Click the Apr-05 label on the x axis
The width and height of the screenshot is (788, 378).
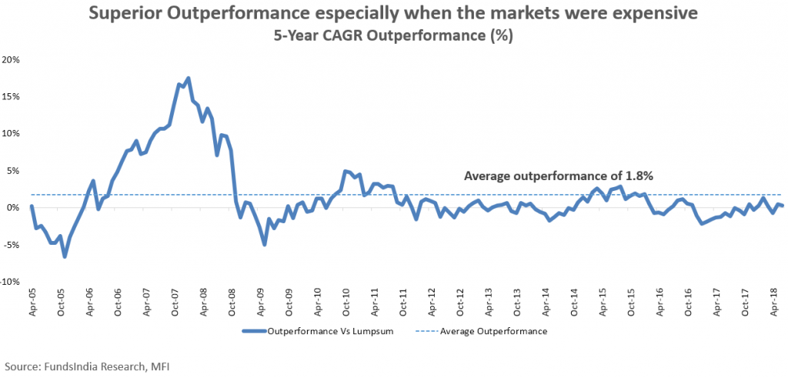[x=32, y=303]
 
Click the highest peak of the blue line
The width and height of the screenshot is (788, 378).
[x=189, y=78]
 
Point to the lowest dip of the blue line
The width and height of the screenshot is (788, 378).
[x=65, y=256]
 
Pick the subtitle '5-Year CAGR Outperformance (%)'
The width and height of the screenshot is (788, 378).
[x=394, y=35]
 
